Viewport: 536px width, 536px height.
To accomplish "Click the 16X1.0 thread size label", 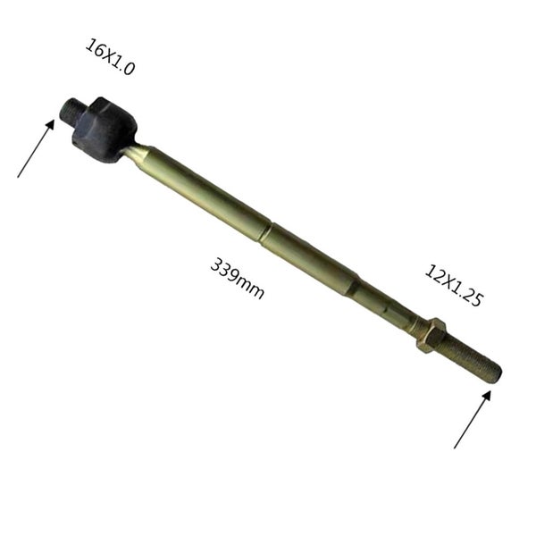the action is (x=110, y=57).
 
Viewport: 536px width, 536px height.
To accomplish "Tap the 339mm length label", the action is (x=238, y=279).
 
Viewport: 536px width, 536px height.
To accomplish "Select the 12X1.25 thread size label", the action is (x=454, y=285).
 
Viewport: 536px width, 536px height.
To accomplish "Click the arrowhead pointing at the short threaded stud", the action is (x=50, y=124).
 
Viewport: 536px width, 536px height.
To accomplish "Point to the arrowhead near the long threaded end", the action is (x=487, y=396).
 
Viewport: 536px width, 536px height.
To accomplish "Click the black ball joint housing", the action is (x=104, y=130).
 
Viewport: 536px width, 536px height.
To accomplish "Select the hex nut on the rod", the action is (x=431, y=334).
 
